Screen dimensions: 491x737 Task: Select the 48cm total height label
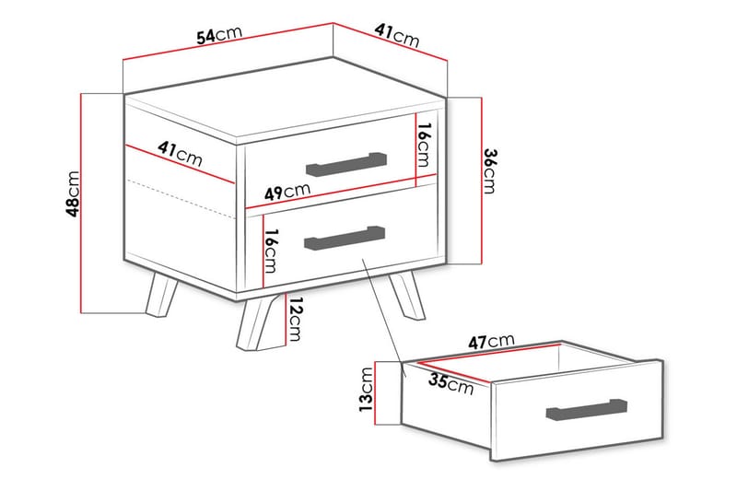(73, 194)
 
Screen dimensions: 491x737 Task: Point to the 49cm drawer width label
(287, 192)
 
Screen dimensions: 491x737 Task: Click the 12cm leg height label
(294, 319)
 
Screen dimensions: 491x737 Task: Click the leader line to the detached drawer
(382, 313)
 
